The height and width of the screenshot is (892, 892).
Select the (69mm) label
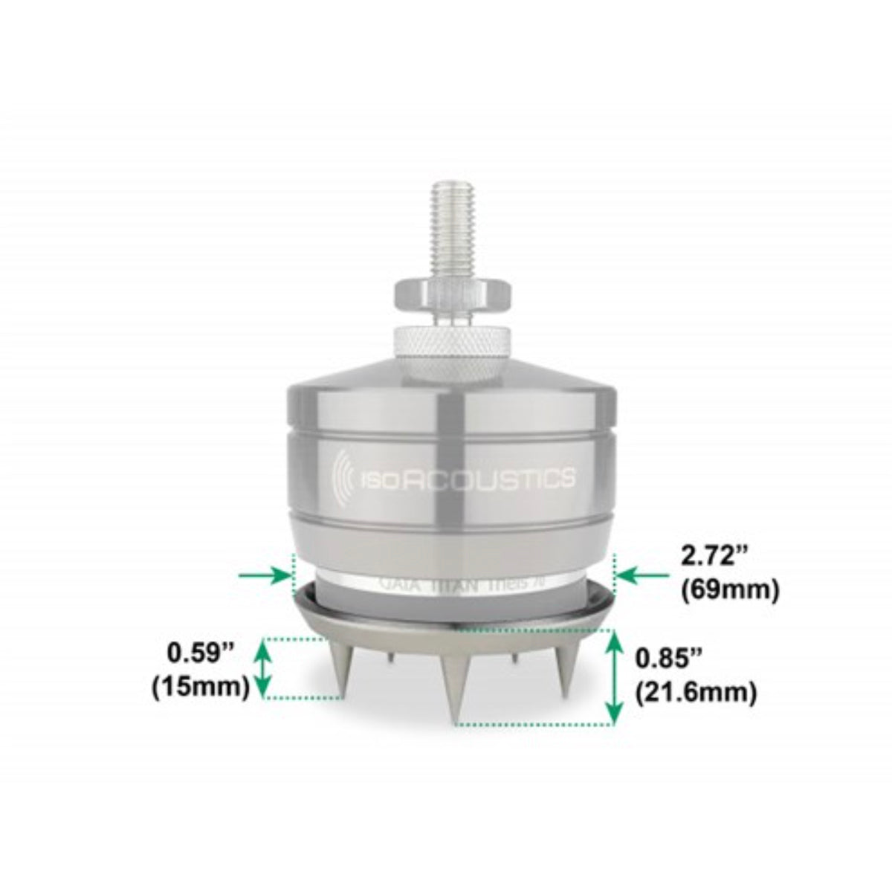click(729, 589)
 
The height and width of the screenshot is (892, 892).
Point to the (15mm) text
click(200, 687)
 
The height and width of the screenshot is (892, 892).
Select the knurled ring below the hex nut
click(447, 341)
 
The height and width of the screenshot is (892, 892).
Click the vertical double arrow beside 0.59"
click(261, 668)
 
